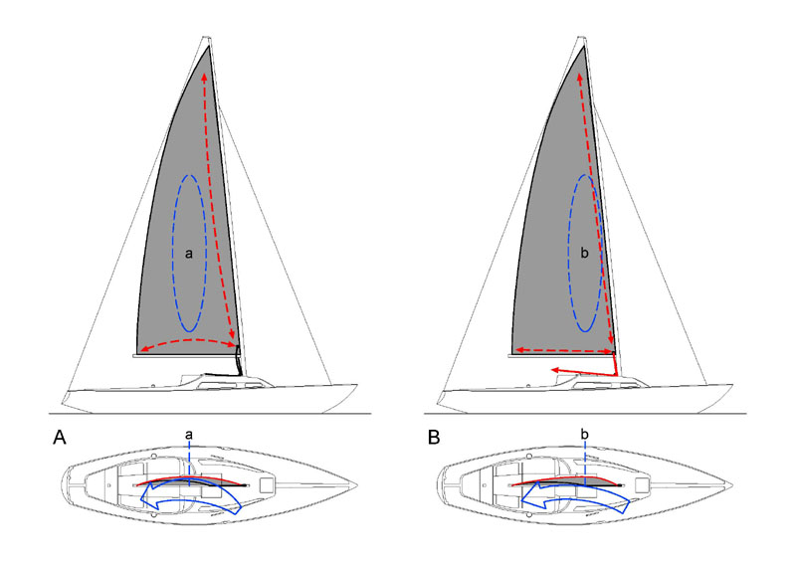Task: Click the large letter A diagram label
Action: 60,438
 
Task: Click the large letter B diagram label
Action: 434,438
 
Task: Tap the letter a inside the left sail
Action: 189,254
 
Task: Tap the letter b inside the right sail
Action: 584,253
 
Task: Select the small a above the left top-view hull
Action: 189,435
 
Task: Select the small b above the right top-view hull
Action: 585,434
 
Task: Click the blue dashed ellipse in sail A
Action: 173,254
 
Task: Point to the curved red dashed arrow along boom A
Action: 189,340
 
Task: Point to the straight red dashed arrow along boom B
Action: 563,351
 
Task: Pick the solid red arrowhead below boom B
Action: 556,370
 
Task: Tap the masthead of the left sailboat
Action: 207,39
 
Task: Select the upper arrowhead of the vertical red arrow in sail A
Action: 205,78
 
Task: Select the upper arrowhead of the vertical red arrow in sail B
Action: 580,78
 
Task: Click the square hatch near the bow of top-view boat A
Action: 267,484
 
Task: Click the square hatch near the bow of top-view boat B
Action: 642,484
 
